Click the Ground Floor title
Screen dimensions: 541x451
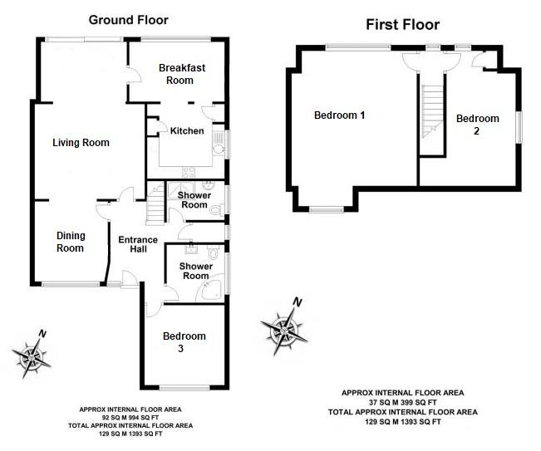[128, 20]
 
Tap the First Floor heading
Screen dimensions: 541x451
[403, 24]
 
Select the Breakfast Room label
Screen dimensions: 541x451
[182, 74]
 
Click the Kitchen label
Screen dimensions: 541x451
[187, 130]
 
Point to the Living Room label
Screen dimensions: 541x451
[81, 142]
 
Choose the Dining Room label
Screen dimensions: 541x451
[71, 242]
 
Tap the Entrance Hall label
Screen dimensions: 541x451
[138, 244]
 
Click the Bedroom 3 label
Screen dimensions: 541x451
[184, 341]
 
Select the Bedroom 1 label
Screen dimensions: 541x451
[340, 115]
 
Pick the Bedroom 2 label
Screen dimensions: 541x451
[478, 124]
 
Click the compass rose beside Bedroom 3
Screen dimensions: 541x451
[32, 355]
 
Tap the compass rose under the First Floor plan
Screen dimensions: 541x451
[285, 327]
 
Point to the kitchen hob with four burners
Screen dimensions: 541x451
[189, 172]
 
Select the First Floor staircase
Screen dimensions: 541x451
[431, 110]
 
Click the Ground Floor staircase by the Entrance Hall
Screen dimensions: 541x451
[155, 204]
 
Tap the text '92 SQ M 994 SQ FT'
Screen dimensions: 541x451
[130, 418]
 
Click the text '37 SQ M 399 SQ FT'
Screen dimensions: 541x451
[403, 402]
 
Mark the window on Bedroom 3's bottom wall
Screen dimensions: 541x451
[184, 388]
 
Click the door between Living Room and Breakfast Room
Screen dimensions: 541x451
[133, 74]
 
